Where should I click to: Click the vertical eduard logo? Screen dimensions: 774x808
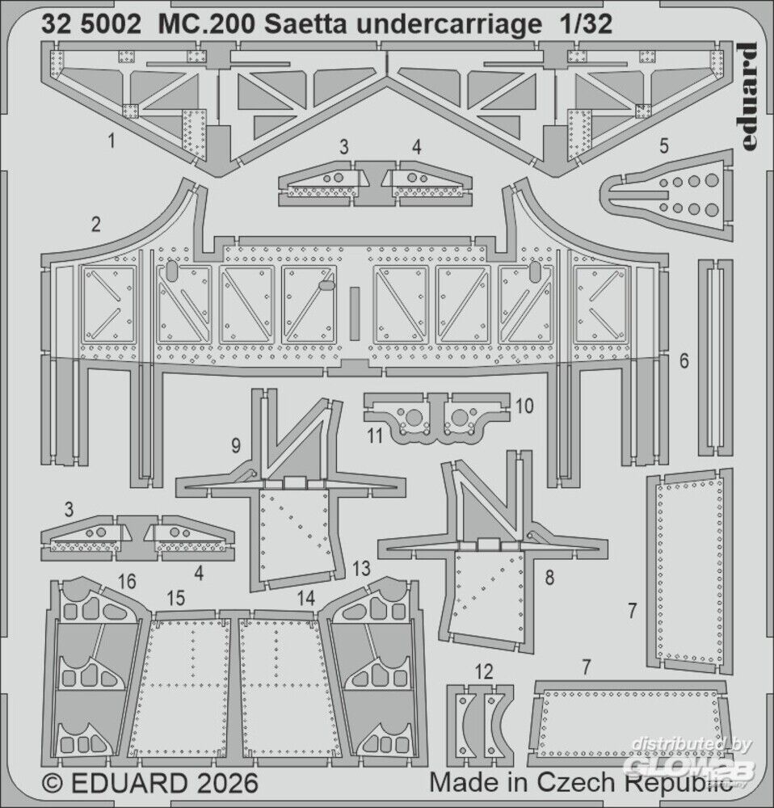[x=746, y=96]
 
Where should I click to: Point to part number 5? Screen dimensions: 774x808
[x=664, y=145]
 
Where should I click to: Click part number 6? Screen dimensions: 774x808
[x=684, y=360]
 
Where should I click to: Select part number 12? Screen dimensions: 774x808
[x=483, y=671]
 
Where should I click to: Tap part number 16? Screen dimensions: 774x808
[x=127, y=581]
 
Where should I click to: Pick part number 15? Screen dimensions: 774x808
[x=175, y=598]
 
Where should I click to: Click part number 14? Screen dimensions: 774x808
[x=306, y=598]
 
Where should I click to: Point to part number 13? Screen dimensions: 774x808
[x=361, y=568]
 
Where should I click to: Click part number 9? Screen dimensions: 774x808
[x=236, y=445]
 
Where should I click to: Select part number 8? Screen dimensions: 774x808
[x=550, y=578]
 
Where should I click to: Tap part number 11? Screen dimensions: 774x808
[x=375, y=436]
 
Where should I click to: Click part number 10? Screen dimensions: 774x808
[x=524, y=406]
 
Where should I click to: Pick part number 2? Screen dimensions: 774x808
[x=95, y=225]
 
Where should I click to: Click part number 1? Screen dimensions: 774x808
[x=111, y=140]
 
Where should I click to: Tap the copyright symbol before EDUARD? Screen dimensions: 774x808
[x=53, y=784]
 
